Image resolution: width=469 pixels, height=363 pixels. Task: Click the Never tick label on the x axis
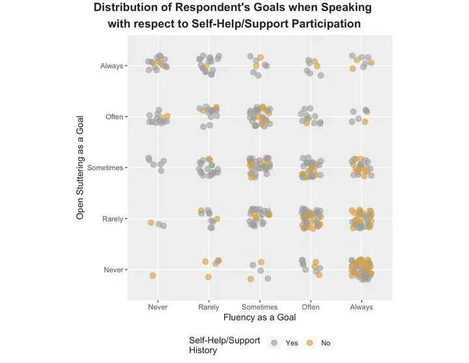click(158, 307)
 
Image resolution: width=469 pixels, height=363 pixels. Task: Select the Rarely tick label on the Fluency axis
click(208, 307)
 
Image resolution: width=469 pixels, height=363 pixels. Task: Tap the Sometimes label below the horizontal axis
click(259, 307)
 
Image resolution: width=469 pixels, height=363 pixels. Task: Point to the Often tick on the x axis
click(311, 307)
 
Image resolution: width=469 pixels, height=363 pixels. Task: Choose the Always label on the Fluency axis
click(362, 307)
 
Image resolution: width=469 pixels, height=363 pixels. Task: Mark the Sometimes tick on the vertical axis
click(106, 167)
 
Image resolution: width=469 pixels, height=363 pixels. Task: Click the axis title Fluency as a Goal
click(259, 318)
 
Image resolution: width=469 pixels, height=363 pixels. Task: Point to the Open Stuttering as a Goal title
click(81, 167)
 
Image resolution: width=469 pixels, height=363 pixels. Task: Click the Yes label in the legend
click(292, 343)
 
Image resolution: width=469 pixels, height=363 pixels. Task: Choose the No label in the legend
click(326, 343)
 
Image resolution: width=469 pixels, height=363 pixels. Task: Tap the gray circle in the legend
click(274, 342)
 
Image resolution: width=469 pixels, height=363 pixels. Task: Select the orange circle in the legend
click(310, 342)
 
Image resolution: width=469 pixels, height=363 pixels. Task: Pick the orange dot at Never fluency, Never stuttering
click(153, 276)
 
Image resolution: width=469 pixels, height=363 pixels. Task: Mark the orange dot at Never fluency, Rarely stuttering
click(150, 223)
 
